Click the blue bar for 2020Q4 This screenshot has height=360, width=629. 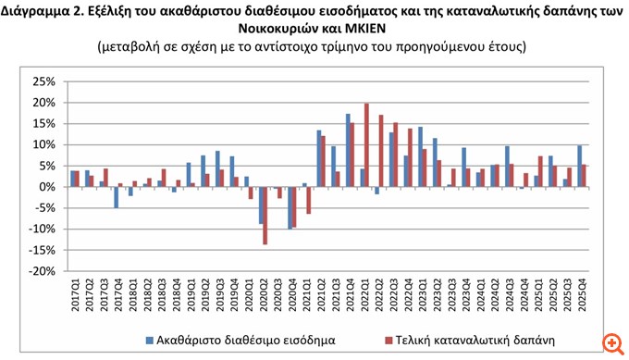point(290,207)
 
